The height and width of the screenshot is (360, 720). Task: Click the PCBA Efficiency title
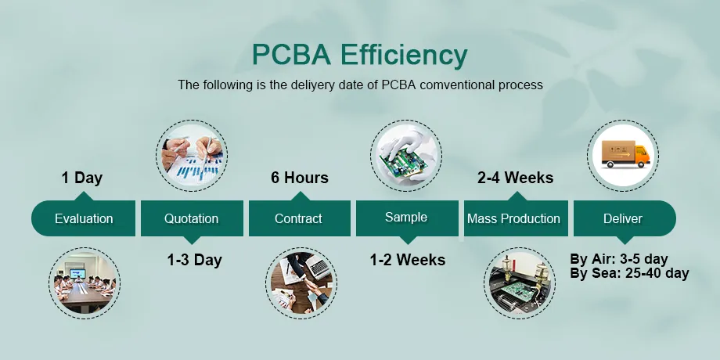pyautogui.click(x=359, y=56)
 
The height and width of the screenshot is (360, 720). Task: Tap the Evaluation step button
pyautogui.click(x=84, y=219)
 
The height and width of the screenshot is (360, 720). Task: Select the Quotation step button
pyautogui.click(x=192, y=219)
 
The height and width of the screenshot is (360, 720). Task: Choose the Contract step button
pyautogui.click(x=299, y=219)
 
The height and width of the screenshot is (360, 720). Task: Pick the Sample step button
pyautogui.click(x=407, y=218)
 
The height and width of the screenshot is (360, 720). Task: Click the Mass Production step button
pyautogui.click(x=513, y=219)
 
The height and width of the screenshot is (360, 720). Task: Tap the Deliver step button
pyautogui.click(x=622, y=219)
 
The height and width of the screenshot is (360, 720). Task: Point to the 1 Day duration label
pyautogui.click(x=82, y=178)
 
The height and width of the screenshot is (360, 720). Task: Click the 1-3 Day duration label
pyautogui.click(x=194, y=260)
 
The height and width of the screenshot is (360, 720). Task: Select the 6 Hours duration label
pyautogui.click(x=299, y=178)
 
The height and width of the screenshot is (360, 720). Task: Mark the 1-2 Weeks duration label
pyautogui.click(x=408, y=260)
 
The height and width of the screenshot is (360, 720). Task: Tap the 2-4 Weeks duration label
pyautogui.click(x=515, y=178)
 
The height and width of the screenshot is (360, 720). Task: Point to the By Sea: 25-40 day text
pyautogui.click(x=629, y=273)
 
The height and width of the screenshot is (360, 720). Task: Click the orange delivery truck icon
pyautogui.click(x=623, y=155)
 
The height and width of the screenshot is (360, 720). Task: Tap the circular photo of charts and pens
pyautogui.click(x=193, y=155)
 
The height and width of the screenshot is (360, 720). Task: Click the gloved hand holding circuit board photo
pyautogui.click(x=406, y=155)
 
